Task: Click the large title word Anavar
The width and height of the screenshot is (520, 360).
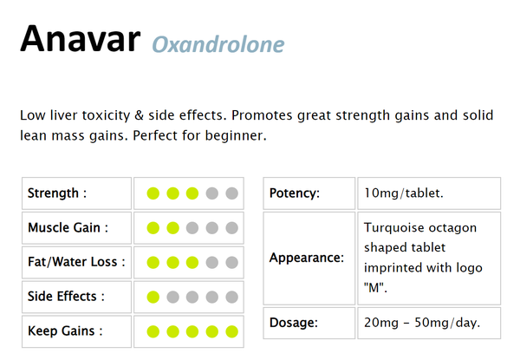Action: coord(81,38)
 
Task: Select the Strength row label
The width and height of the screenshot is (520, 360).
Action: coord(56,193)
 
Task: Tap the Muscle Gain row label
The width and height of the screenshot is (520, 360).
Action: coord(68,227)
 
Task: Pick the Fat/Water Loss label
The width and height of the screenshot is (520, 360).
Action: coord(76,261)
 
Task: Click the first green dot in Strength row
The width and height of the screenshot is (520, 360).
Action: coord(153,193)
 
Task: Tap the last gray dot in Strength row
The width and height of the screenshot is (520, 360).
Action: coord(231,193)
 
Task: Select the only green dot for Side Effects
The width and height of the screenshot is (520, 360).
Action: coord(153,296)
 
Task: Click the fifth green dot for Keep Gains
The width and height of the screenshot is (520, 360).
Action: coord(231,331)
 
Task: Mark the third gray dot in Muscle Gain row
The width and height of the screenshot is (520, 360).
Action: coord(231,227)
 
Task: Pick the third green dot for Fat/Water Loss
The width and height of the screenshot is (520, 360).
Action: coord(192,261)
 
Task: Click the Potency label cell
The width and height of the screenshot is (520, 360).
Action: coord(295,193)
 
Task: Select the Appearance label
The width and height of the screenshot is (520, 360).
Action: coord(307,258)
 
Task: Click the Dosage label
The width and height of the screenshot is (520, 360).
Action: coord(294,323)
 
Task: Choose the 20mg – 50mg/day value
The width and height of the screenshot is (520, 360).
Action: coord(422,323)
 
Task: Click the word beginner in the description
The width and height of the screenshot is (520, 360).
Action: coord(235,136)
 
